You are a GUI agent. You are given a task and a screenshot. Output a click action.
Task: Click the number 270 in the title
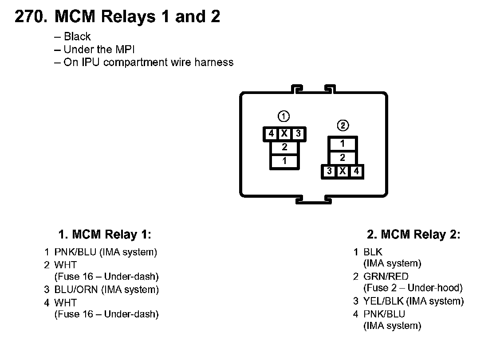30,17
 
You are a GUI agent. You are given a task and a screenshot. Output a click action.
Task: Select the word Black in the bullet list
77,37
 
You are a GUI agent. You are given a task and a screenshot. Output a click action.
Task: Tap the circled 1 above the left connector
283,117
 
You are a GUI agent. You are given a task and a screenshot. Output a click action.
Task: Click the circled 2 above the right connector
343,126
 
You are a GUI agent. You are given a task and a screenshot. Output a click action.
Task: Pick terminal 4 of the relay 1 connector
271,133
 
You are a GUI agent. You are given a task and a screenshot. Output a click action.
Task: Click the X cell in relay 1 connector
284,133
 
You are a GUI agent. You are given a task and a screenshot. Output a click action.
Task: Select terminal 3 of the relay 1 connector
298,133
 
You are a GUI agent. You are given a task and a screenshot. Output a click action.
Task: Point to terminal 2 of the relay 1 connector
284,147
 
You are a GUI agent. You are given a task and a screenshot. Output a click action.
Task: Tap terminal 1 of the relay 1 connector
284,161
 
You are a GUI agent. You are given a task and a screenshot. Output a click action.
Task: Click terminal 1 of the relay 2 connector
343,144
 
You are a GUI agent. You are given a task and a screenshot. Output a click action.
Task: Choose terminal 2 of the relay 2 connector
343,158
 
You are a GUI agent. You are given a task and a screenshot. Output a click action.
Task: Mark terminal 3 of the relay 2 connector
329,171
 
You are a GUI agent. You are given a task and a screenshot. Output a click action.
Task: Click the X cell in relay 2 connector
343,171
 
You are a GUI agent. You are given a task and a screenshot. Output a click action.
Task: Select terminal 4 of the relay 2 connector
356,171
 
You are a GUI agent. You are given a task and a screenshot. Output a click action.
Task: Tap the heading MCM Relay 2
413,234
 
